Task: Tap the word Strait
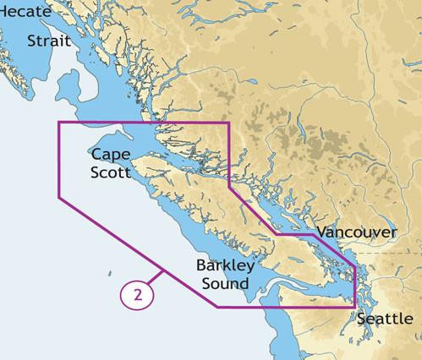tap(48, 41)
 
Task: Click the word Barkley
tap(222, 266)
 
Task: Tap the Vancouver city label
tap(358, 232)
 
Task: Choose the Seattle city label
tap(386, 319)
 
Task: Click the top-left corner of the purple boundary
tap(58, 123)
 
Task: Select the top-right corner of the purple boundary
tap(228, 123)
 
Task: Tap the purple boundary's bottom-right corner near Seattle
tap(356, 307)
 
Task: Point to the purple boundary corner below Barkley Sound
tap(218, 307)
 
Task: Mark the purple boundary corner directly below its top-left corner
tap(58, 197)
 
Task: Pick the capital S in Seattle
tap(362, 319)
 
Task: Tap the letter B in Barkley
tap(200, 266)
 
